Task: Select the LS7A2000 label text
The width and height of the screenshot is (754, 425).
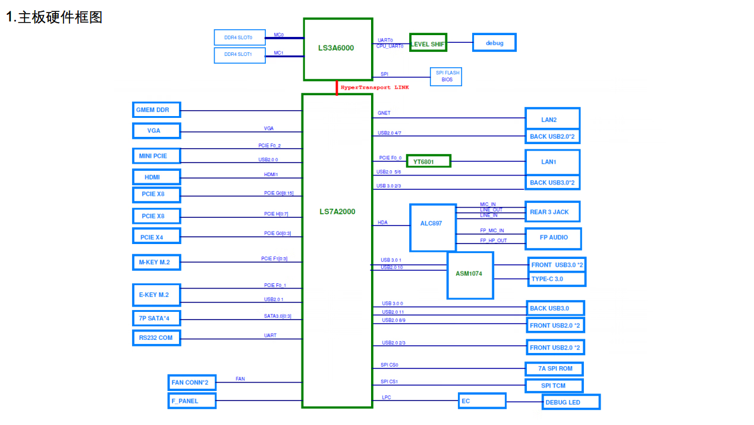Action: point(337,212)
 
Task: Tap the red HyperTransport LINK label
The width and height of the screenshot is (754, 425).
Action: point(375,87)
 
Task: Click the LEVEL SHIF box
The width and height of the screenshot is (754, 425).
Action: point(428,43)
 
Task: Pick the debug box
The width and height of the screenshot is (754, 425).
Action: point(494,43)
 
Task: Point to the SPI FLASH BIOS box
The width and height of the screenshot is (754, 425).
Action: point(446,76)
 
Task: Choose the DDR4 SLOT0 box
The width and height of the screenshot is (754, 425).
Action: point(240,37)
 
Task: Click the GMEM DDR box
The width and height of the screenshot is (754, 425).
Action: point(156,110)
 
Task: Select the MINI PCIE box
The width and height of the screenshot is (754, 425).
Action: point(156,156)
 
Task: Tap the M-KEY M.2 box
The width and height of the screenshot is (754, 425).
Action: point(156,262)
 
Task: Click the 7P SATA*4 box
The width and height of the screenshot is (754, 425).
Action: point(156,318)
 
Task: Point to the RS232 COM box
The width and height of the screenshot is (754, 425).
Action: point(156,338)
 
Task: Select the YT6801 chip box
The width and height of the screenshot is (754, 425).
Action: point(428,161)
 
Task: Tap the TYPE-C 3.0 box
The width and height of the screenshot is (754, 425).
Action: point(557,279)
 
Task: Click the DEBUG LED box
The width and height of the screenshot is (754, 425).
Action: point(571,402)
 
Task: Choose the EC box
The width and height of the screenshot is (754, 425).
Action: point(482,401)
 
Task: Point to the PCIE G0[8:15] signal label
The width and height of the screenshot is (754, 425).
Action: point(279,193)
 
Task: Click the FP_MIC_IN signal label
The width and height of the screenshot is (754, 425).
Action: point(492,230)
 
